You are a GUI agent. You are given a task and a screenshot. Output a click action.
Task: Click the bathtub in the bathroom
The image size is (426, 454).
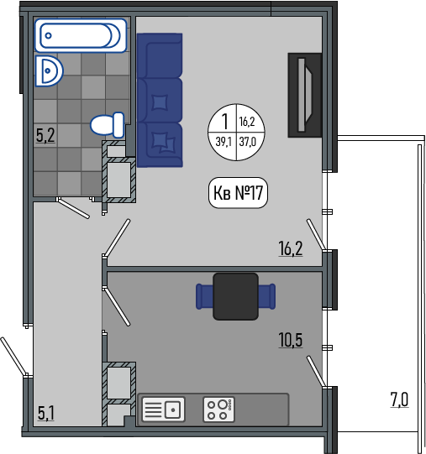click(81, 35)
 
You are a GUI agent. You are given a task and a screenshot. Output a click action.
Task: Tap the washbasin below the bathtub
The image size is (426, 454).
click(49, 71)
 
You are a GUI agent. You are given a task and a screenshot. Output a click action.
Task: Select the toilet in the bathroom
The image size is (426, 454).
click(108, 125)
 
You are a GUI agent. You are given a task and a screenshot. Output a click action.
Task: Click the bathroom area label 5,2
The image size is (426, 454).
click(45, 135)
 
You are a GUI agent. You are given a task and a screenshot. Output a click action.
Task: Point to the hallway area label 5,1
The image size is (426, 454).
click(46, 413)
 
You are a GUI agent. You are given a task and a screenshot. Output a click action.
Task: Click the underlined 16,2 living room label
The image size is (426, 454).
click(291, 248)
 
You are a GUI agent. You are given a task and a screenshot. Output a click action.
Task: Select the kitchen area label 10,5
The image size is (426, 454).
click(291, 340)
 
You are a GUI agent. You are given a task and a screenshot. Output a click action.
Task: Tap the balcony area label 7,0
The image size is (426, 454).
click(399, 399)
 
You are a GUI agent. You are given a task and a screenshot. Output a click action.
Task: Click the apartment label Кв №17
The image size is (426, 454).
click(238, 192)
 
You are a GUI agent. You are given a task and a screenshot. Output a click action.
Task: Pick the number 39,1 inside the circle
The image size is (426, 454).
click(224, 142)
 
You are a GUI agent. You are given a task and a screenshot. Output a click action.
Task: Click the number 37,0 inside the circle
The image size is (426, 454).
click(248, 142)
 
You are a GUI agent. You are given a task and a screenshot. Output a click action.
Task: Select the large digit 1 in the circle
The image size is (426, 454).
click(224, 122)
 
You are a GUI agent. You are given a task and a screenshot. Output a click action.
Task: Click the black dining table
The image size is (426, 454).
click(235, 296)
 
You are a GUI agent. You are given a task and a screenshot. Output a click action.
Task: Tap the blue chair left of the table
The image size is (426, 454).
click(204, 296)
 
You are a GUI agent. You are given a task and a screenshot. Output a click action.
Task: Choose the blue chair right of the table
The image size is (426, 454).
click(267, 296)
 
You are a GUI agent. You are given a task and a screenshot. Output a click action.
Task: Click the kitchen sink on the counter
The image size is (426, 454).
click(163, 410)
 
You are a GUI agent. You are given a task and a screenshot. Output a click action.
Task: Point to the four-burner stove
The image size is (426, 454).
click(219, 410)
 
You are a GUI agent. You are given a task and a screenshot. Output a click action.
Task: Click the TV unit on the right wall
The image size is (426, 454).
click(305, 95)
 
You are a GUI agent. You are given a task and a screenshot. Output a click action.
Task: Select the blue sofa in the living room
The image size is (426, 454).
click(160, 100)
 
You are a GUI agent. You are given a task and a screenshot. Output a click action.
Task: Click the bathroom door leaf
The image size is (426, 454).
click(74, 208)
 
